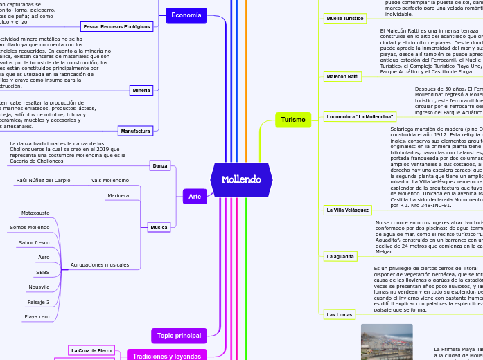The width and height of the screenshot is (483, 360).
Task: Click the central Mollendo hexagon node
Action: click(241, 180)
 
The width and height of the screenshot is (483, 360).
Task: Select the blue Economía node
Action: click(186, 15)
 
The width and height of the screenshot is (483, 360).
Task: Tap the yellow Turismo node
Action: click(293, 120)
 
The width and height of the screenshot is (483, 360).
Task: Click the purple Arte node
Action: click(195, 197)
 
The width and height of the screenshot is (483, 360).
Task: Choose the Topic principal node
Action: click(179, 336)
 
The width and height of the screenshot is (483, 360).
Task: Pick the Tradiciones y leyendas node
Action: click(167, 356)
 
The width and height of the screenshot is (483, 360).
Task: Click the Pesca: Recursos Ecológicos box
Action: click(116, 26)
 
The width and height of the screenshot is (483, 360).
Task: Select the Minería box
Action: click(141, 90)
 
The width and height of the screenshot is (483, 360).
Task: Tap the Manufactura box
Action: click(135, 130)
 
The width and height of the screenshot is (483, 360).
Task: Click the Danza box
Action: click(160, 165)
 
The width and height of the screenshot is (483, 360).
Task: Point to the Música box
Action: click(159, 227)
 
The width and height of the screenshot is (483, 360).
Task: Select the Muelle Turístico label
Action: click(344, 19)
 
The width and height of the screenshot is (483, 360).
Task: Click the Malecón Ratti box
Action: click(343, 75)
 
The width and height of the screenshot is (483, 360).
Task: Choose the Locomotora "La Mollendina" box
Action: click(360, 117)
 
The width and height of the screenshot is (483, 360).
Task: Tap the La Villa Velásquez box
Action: click(348, 209)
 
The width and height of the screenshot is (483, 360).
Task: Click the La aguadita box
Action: click(340, 256)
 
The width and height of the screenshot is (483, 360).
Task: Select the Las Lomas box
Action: click(340, 314)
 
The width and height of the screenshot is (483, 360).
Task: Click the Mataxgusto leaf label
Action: click(35, 213)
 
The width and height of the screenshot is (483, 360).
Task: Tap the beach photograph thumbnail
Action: click(387, 342)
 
